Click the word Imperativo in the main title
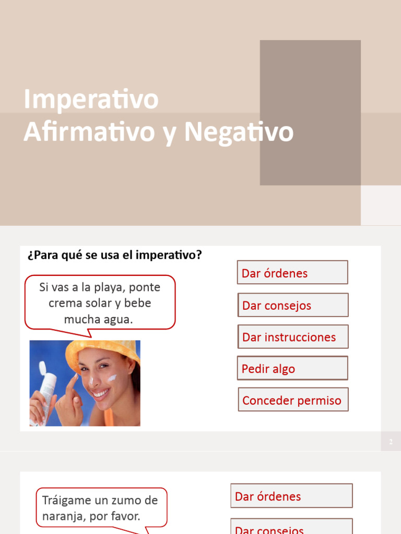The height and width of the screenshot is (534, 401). tap(91, 99)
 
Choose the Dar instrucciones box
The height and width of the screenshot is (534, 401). tap(292, 337)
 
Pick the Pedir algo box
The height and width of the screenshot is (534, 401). tap(292, 369)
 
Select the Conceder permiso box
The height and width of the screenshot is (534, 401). tap(293, 400)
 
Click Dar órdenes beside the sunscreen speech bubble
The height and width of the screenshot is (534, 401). tap(292, 273)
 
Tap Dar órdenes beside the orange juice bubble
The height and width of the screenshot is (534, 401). tap(291, 496)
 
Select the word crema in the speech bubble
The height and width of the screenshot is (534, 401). tap(64, 303)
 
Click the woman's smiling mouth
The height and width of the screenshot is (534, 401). tap(101, 392)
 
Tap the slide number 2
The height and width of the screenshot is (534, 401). tap(391, 442)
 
